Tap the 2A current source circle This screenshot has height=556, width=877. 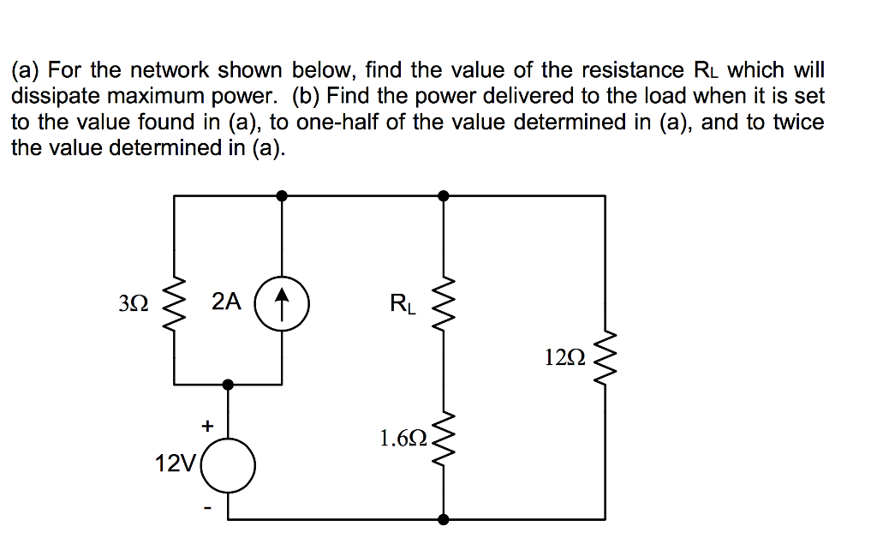(x=283, y=302)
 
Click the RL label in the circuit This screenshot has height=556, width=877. (x=403, y=303)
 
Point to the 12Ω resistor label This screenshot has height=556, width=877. (x=565, y=358)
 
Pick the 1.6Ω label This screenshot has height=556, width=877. (x=403, y=439)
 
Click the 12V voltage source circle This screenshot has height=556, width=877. (x=229, y=466)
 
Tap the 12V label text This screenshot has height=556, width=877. (x=176, y=464)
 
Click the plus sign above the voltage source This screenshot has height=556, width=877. (x=206, y=423)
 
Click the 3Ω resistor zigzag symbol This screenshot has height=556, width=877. (x=175, y=303)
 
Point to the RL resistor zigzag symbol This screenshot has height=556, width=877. (x=443, y=303)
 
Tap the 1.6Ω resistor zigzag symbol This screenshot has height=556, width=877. (x=443, y=439)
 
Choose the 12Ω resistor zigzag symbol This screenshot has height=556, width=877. (x=606, y=358)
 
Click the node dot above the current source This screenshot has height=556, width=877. (x=283, y=195)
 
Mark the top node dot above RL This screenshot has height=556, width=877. (x=443, y=195)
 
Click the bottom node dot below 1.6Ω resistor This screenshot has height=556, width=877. (x=443, y=519)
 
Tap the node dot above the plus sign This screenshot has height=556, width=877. (x=229, y=385)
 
